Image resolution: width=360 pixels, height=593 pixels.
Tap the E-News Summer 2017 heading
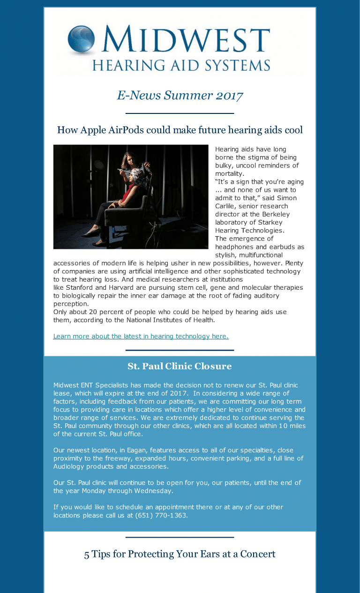point(180,96)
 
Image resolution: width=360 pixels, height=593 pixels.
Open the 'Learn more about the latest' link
point(141,336)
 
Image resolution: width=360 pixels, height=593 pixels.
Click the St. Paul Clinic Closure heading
point(180,366)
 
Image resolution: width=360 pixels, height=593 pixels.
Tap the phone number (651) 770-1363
point(161,515)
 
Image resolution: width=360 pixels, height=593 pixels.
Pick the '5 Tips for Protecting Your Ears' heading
point(180,554)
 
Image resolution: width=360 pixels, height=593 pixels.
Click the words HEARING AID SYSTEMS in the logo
point(181,65)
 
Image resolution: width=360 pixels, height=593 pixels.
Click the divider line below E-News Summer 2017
point(180,113)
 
